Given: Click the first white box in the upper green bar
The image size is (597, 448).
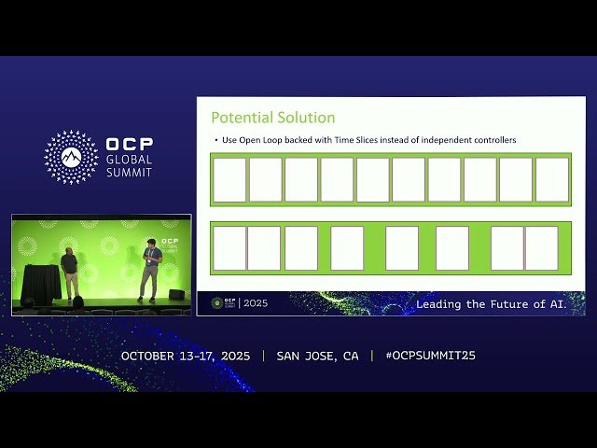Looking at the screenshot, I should [229, 180].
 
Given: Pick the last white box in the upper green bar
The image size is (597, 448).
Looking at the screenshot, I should [552, 180].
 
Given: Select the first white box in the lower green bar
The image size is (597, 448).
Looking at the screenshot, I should [229, 248].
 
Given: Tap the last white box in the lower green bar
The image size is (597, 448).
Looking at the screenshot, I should [542, 248].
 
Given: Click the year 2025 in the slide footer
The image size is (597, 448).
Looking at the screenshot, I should [256, 303].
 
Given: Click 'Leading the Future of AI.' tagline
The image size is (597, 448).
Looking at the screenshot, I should [499, 304].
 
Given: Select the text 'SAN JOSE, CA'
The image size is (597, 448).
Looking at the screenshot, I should [317, 356].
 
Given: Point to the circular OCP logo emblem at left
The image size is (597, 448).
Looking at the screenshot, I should [71, 157].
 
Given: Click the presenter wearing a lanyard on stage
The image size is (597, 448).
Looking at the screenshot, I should [150, 272].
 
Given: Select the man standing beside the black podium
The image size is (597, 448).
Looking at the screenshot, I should [69, 274].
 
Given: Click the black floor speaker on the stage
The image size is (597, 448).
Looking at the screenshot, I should [176, 294].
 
